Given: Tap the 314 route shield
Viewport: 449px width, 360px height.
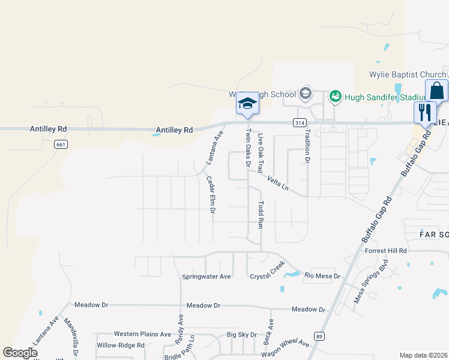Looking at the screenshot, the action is click(x=298, y=123).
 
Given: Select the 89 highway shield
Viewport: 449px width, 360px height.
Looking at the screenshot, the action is click(x=320, y=337).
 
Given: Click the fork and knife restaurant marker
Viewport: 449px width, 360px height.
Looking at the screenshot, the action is click(x=425, y=111).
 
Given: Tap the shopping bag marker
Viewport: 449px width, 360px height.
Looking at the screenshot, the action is click(x=437, y=91).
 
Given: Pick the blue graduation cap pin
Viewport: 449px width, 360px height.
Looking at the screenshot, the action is click(x=247, y=104).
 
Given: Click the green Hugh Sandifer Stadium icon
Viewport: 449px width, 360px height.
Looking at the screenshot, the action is click(x=335, y=95).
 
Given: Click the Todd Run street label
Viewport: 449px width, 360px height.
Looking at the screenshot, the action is click(x=261, y=214).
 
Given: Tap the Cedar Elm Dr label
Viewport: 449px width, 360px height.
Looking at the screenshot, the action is click(x=211, y=195).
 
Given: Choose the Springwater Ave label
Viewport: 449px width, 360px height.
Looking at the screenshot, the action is click(x=206, y=277).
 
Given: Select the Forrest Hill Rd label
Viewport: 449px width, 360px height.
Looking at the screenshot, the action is click(x=386, y=251).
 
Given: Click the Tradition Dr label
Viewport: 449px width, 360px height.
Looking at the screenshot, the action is click(x=307, y=147).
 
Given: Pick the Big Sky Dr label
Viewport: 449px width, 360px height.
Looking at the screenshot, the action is click(x=242, y=335).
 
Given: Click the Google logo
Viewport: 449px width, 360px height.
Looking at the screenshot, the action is click(x=20, y=353).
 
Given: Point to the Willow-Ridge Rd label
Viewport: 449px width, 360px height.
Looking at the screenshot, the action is click(x=121, y=346).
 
